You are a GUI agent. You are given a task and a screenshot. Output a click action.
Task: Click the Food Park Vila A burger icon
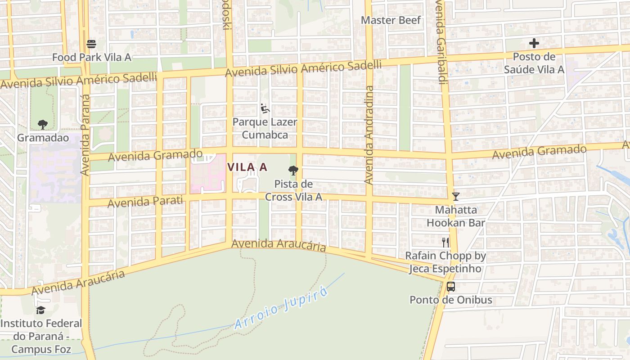(x=91, y=44)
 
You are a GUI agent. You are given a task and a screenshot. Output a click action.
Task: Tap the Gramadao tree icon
(x=43, y=124)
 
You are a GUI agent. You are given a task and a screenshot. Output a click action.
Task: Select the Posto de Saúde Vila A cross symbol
(x=534, y=43)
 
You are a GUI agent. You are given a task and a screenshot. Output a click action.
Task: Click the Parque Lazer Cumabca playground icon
(x=265, y=108)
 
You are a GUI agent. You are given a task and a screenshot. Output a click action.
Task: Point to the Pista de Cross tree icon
(x=293, y=170)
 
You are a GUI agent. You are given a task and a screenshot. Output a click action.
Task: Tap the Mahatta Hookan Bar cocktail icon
(x=456, y=197)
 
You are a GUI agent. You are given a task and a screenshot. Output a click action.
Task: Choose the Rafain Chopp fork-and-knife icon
(x=445, y=243)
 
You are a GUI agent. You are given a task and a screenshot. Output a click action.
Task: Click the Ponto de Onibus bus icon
(x=450, y=286)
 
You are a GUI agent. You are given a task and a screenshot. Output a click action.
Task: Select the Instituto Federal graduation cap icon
(x=41, y=310)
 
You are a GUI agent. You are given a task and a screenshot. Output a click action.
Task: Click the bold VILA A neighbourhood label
(x=247, y=167)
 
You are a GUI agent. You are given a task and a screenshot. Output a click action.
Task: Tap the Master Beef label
(x=391, y=20)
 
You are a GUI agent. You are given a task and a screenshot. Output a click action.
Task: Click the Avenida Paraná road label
(x=86, y=135)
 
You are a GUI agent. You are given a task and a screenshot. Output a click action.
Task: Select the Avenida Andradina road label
(x=369, y=135)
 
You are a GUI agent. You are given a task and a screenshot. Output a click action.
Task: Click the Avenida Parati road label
(x=146, y=201)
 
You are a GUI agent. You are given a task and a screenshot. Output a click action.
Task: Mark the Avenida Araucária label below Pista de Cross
(x=279, y=245)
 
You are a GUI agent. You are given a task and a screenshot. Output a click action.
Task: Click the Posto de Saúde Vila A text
(x=534, y=63)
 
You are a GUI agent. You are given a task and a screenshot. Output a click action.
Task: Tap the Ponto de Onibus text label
(x=450, y=300)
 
